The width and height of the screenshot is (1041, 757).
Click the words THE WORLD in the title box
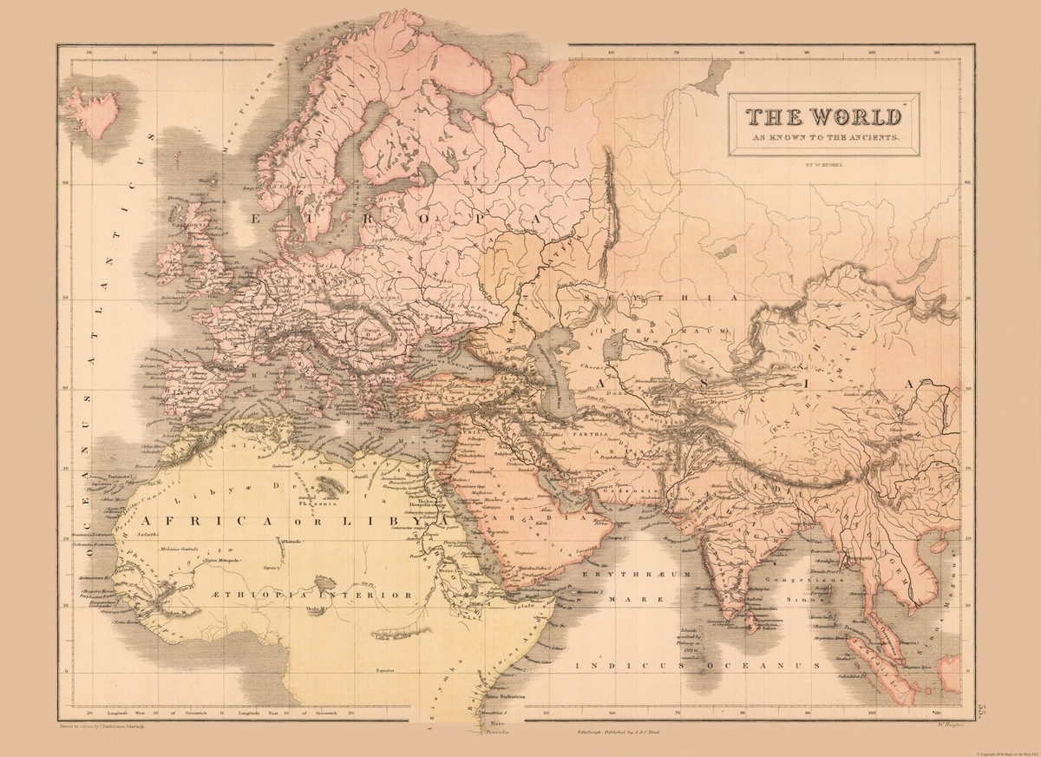(819, 116)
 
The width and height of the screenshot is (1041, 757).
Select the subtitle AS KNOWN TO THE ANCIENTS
(819, 139)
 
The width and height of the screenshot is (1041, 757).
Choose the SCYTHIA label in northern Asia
(661, 298)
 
